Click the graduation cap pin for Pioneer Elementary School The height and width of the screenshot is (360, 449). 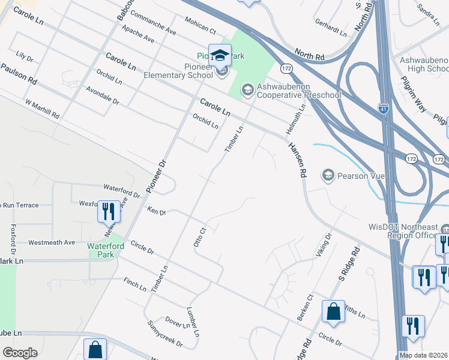click(x=220, y=56)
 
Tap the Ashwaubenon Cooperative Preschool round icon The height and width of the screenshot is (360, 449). click(x=247, y=90)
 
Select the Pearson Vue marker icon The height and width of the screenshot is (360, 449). click(x=328, y=175)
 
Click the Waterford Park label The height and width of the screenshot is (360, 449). click(x=106, y=250)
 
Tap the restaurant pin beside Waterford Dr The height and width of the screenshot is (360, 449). click(x=109, y=211)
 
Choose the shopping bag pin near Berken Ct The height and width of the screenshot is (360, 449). click(x=333, y=311)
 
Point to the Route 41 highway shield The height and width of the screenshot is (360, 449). click(x=384, y=109)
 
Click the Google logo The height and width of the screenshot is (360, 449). click(x=20, y=353)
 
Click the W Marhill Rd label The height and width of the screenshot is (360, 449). click(x=42, y=108)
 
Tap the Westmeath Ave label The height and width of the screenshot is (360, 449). click(x=52, y=242)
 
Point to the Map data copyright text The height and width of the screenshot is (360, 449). click(x=424, y=355)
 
